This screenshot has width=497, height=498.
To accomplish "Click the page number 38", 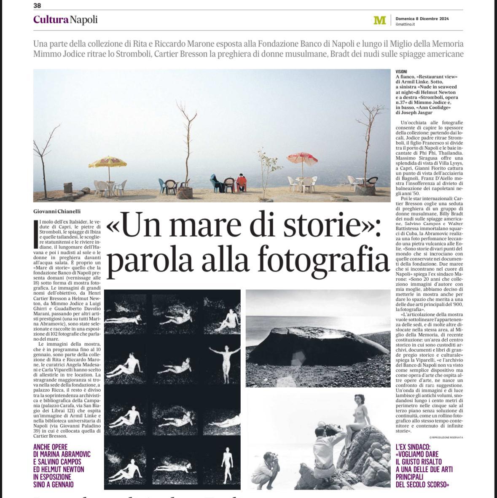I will click(37, 5).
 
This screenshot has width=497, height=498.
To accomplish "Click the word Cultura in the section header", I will click(51, 19).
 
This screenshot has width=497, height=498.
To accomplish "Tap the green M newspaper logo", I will click(379, 20).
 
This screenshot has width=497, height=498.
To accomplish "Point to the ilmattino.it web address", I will click(405, 24).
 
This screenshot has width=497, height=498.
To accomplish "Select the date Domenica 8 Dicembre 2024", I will click(422, 19).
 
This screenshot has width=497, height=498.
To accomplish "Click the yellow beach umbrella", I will click(107, 162).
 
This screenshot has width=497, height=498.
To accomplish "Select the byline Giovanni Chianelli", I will click(56, 211).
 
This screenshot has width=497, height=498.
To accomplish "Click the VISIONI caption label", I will click(401, 72).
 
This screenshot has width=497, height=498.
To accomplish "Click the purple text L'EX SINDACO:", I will click(419, 447).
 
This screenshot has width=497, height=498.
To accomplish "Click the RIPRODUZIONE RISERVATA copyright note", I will click(447, 437).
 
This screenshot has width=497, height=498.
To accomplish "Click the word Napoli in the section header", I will click(83, 19).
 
